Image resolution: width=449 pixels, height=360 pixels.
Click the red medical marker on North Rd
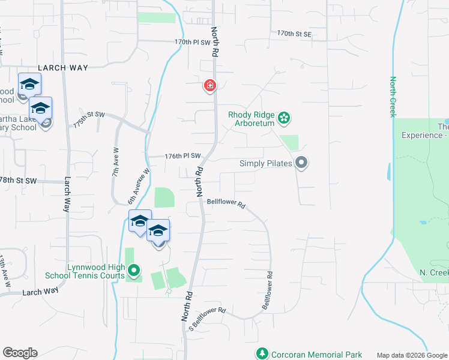(x=209, y=86)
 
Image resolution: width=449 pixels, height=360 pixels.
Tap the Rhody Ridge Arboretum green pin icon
(x=284, y=118)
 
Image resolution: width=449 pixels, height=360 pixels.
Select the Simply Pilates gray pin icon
(x=301, y=163)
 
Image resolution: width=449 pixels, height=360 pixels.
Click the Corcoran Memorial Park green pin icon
(x=262, y=355)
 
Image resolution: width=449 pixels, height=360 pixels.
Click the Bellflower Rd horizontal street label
(x=226, y=204)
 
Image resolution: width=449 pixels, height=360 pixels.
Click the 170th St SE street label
(x=294, y=34)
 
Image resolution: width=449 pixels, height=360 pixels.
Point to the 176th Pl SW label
(x=182, y=157)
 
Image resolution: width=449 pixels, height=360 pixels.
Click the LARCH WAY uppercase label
(x=63, y=68)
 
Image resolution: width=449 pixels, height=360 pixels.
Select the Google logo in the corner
(x=20, y=353)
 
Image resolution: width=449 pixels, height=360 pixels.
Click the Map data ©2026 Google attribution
(x=412, y=355)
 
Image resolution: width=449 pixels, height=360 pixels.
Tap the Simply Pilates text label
(x=266, y=163)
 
